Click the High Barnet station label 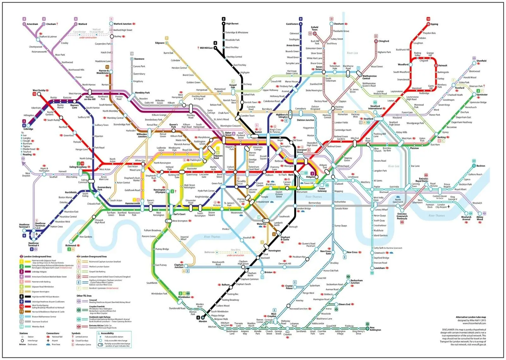tap(232, 24)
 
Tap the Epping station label tap(434, 24)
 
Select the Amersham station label tap(32, 24)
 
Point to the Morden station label tap(203, 321)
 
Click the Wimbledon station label tap(184, 297)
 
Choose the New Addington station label tap(375, 329)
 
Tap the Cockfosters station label tap(292, 24)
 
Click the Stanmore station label tap(139, 59)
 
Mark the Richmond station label tap(71, 245)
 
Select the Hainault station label tap(443, 65)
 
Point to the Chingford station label tap(384, 41)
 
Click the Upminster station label tap(482, 95)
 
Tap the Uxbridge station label tap(28, 129)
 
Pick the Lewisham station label tap(379, 268)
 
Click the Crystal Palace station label tap(289, 287)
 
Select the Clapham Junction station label tap(179, 266)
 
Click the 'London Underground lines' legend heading tap(37, 257)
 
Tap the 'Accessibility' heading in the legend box tap(107, 333)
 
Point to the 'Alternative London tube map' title tap(471, 317)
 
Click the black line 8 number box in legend tap(22, 297)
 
